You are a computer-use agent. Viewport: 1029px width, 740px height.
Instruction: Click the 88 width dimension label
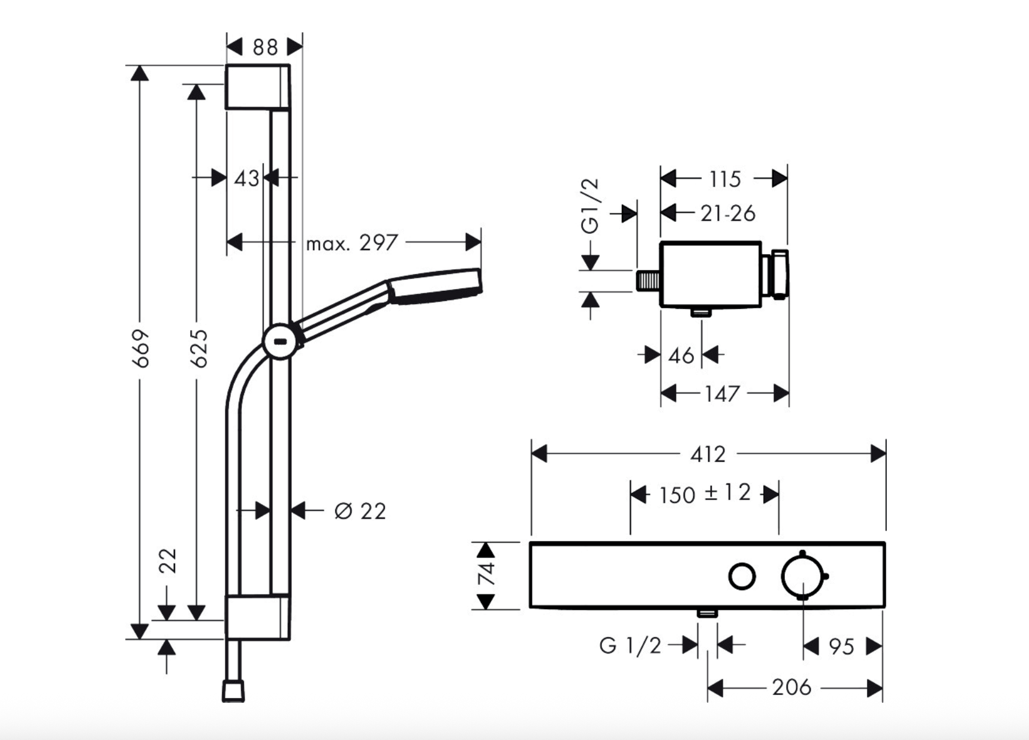[265, 47]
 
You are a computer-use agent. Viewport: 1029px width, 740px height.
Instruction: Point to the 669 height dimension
[140, 348]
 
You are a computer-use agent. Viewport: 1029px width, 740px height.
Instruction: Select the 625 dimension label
[197, 348]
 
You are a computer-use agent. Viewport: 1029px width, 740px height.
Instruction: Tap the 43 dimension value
[246, 178]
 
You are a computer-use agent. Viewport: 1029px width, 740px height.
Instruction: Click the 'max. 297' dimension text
[352, 243]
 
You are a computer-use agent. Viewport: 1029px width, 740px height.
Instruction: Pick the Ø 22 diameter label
[360, 511]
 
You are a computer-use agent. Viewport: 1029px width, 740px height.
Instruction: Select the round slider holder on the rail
[279, 342]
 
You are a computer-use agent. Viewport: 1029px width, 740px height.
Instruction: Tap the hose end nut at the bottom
[233, 690]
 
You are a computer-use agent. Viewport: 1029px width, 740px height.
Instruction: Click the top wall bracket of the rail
[257, 87]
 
